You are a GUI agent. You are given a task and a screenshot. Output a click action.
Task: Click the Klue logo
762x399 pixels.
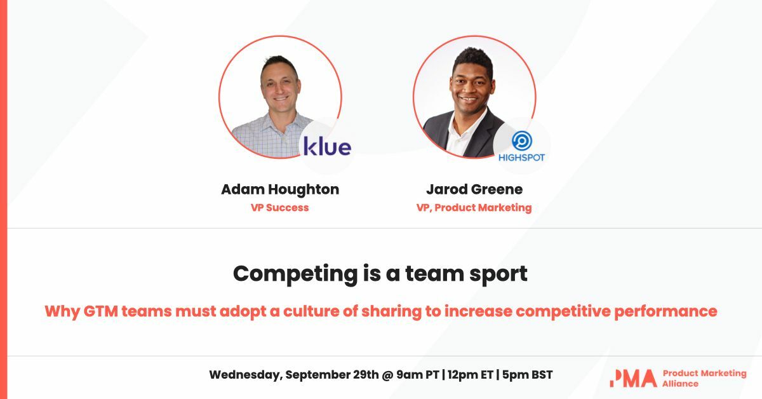pyautogui.click(x=327, y=146)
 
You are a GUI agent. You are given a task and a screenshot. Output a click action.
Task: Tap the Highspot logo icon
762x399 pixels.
pyautogui.click(x=521, y=140)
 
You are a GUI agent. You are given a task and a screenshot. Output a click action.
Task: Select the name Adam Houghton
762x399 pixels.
pyautogui.click(x=280, y=189)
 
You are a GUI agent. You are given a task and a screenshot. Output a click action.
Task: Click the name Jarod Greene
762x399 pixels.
pyautogui.click(x=474, y=189)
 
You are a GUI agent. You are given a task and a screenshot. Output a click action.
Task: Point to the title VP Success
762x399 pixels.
pyautogui.click(x=279, y=208)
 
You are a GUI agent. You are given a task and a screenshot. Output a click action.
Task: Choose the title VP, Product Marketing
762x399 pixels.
pyautogui.click(x=474, y=208)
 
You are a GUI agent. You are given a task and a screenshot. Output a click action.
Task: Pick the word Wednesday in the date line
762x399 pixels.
pyautogui.click(x=244, y=375)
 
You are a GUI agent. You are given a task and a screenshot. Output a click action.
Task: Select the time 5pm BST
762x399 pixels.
pyautogui.click(x=526, y=375)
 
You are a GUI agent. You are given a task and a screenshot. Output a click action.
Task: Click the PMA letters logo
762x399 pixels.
pyautogui.click(x=633, y=378)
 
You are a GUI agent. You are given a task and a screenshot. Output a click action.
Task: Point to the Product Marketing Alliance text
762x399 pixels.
pyautogui.click(x=704, y=378)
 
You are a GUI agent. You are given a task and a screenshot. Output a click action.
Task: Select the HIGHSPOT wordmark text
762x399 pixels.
pyautogui.click(x=521, y=158)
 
